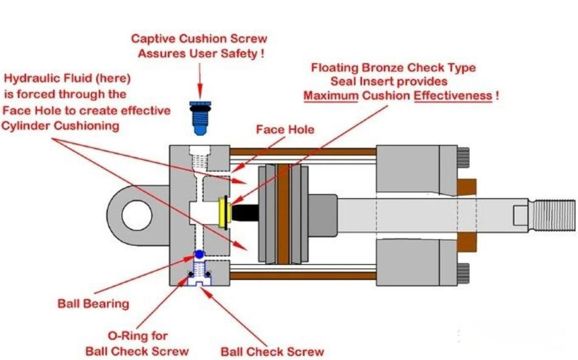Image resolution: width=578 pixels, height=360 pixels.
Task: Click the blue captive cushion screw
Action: [x=200, y=118]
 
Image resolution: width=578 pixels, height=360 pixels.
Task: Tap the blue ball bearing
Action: [x=199, y=254]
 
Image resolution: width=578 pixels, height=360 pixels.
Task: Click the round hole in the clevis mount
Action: [x=137, y=215]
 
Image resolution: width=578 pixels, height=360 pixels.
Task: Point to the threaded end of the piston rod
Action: [x=552, y=215]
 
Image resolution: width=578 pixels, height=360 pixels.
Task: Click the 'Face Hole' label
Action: [x=285, y=130]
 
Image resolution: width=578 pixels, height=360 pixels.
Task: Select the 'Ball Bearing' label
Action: [x=93, y=303]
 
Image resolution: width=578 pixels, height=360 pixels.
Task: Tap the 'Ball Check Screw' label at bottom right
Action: [x=272, y=351]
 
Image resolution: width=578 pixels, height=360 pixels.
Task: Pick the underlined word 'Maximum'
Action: [x=330, y=96]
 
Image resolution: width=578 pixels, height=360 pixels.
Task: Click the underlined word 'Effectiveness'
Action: [x=453, y=96]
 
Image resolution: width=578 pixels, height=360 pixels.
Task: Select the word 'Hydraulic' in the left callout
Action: [x=29, y=79]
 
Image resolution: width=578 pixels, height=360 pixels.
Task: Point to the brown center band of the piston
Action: [x=283, y=215]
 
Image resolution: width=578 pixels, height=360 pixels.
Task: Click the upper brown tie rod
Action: [x=303, y=152]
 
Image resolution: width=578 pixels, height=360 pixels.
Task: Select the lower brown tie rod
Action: [x=303, y=275]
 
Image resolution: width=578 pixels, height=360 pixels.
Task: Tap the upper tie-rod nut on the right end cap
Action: [x=464, y=157]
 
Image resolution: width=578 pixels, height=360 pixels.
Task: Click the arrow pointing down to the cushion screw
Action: [x=200, y=81]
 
